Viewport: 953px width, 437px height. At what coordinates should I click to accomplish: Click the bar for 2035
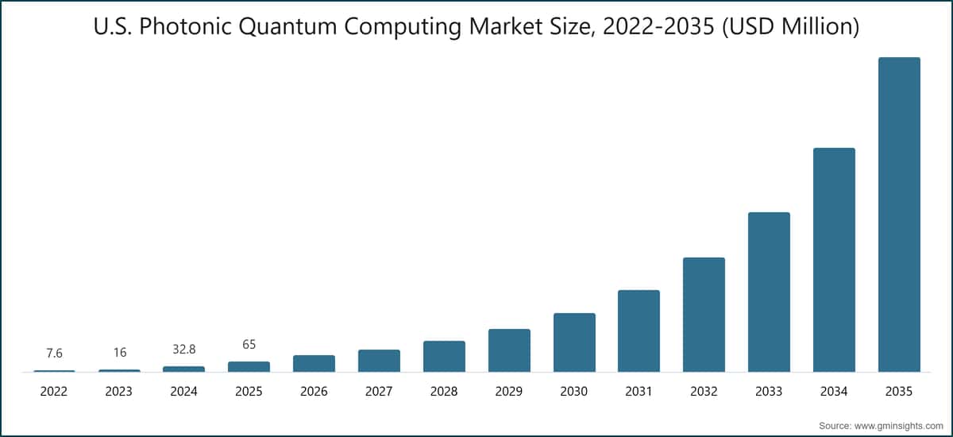point(899,215)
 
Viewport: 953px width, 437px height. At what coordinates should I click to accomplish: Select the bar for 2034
point(834,260)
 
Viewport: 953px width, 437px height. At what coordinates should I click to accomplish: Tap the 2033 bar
point(769,292)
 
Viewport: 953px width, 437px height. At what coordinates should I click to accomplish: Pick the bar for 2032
point(704,315)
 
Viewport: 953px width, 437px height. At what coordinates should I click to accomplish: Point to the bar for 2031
point(639,331)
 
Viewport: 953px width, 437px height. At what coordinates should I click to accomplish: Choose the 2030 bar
point(574,342)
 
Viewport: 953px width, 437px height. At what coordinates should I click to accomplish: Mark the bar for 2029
point(509,350)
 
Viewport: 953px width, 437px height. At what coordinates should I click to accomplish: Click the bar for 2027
point(379,361)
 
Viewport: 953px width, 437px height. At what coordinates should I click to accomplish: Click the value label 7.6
point(54,352)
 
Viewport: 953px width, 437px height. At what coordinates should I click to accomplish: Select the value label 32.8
point(184,348)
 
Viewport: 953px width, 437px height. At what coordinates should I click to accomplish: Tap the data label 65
point(249,344)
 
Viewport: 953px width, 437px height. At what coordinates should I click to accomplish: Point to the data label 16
point(119,352)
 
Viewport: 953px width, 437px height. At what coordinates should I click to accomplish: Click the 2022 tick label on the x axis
point(54,392)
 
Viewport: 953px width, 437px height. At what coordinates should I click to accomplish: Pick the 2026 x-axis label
point(314,392)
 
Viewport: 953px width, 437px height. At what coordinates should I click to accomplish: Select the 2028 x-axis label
point(444,392)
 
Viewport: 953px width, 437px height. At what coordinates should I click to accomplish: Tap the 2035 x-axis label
point(899,392)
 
